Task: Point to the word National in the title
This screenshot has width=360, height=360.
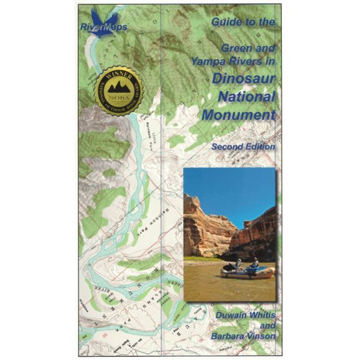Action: tap(248, 97)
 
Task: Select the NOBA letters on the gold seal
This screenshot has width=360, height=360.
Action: tap(119, 99)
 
